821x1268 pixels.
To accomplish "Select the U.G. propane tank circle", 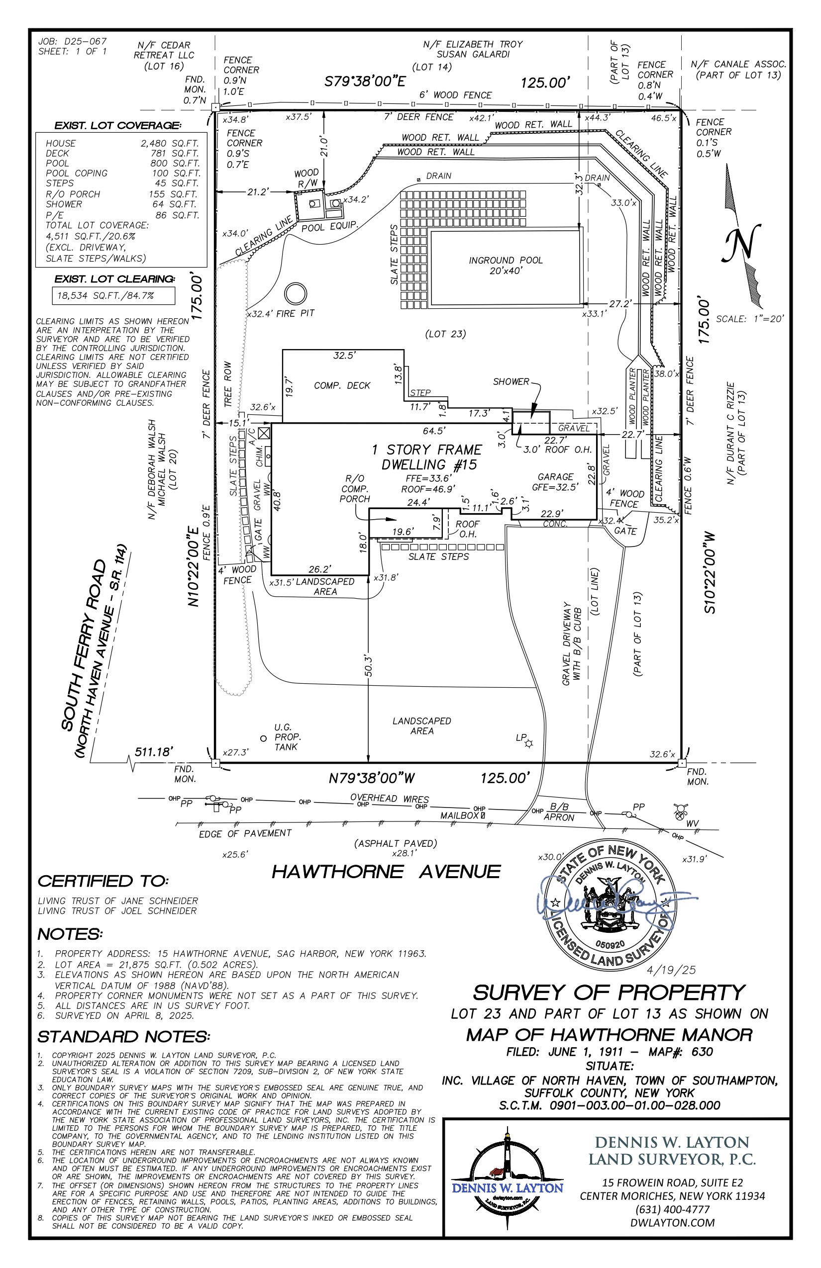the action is (x=263, y=738).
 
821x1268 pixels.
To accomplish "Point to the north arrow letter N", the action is (x=741, y=243).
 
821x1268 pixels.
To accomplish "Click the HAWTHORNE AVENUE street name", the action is (x=386, y=872).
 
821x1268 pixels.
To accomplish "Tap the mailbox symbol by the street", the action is (x=483, y=815).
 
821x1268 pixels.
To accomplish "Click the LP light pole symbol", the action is (x=528, y=743).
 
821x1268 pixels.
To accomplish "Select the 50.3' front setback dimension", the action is (x=368, y=666).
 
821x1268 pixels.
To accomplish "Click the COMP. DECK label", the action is (x=342, y=385).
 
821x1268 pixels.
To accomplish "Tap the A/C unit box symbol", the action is (x=264, y=433).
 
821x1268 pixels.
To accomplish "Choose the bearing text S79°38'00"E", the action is (x=365, y=82).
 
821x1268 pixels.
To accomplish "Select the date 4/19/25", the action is (x=671, y=970).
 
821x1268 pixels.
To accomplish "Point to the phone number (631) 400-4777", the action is (x=672, y=1209).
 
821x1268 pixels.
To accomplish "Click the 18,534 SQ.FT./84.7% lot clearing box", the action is (x=113, y=296).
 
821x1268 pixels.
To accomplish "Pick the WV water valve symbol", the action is (x=680, y=812).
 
